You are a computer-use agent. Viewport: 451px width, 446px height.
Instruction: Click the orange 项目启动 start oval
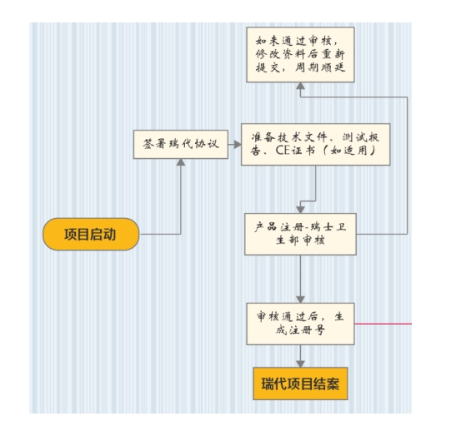[x=91, y=234]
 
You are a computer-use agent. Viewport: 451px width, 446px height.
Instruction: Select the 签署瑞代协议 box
[x=181, y=144]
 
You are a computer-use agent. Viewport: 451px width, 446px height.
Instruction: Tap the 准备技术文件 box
[x=315, y=144]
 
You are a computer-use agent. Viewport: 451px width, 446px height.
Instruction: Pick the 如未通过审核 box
[x=300, y=55]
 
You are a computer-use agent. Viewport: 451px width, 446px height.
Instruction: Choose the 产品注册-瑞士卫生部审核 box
[x=300, y=234]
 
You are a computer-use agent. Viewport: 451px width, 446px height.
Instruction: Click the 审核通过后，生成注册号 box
[x=300, y=324]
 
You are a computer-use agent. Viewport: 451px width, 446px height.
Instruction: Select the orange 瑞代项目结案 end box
[x=300, y=384]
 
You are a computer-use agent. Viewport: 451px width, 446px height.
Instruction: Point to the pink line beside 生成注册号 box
[x=383, y=324]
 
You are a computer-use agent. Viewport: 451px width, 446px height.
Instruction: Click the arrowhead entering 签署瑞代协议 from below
[x=181, y=162]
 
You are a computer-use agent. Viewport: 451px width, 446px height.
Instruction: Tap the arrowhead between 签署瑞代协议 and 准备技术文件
[x=238, y=144]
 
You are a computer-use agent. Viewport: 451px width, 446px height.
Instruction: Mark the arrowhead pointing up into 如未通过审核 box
[x=300, y=86]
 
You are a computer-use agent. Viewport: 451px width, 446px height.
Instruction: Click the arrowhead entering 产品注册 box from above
[x=300, y=210]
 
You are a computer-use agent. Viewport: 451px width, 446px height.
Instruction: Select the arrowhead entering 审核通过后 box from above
[x=300, y=300]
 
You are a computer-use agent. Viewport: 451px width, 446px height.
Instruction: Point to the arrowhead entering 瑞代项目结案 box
[x=300, y=364]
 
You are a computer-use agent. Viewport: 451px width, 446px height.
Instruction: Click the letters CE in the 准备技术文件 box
[x=283, y=150]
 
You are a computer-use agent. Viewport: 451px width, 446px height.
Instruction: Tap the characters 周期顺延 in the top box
[x=320, y=67]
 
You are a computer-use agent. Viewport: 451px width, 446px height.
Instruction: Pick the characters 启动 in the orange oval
[x=103, y=235]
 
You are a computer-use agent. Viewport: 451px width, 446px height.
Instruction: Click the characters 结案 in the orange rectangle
[x=327, y=384]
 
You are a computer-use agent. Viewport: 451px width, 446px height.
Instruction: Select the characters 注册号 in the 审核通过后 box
[x=307, y=330]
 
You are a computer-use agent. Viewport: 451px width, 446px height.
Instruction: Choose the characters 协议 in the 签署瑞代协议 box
[x=207, y=144]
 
